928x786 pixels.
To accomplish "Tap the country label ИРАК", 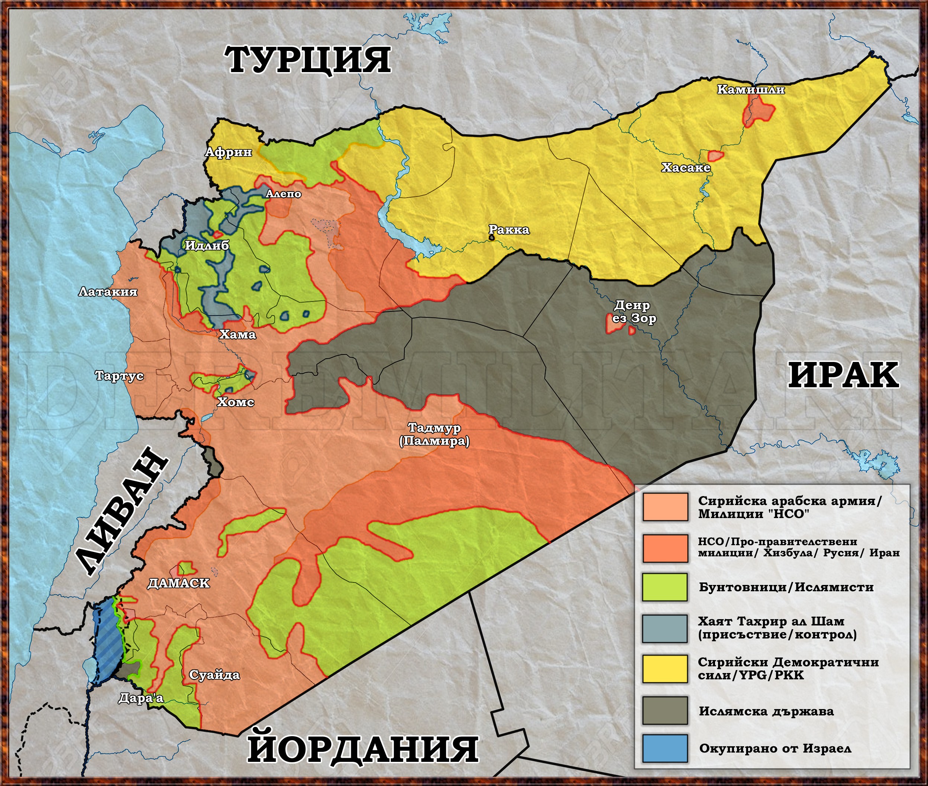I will (x=843, y=376).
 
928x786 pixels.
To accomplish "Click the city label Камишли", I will (x=751, y=90).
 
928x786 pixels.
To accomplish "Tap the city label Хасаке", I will (x=686, y=168).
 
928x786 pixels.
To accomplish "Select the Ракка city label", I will (x=509, y=229).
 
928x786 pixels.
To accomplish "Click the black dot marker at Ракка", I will (x=492, y=238).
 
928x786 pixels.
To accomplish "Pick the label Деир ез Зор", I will (x=634, y=311).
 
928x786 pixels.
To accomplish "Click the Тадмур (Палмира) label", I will (x=434, y=434).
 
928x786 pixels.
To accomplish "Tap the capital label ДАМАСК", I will (x=178, y=583).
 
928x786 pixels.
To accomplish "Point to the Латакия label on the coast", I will (x=108, y=292).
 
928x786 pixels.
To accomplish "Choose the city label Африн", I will (x=228, y=152).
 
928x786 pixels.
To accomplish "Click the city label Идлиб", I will (x=207, y=245).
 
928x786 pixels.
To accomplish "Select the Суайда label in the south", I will (x=214, y=675).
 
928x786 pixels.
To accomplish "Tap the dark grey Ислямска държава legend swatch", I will (x=665, y=711).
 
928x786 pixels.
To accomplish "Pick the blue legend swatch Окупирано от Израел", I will (x=665, y=748).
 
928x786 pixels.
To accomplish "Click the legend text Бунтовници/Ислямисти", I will (x=786, y=587).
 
